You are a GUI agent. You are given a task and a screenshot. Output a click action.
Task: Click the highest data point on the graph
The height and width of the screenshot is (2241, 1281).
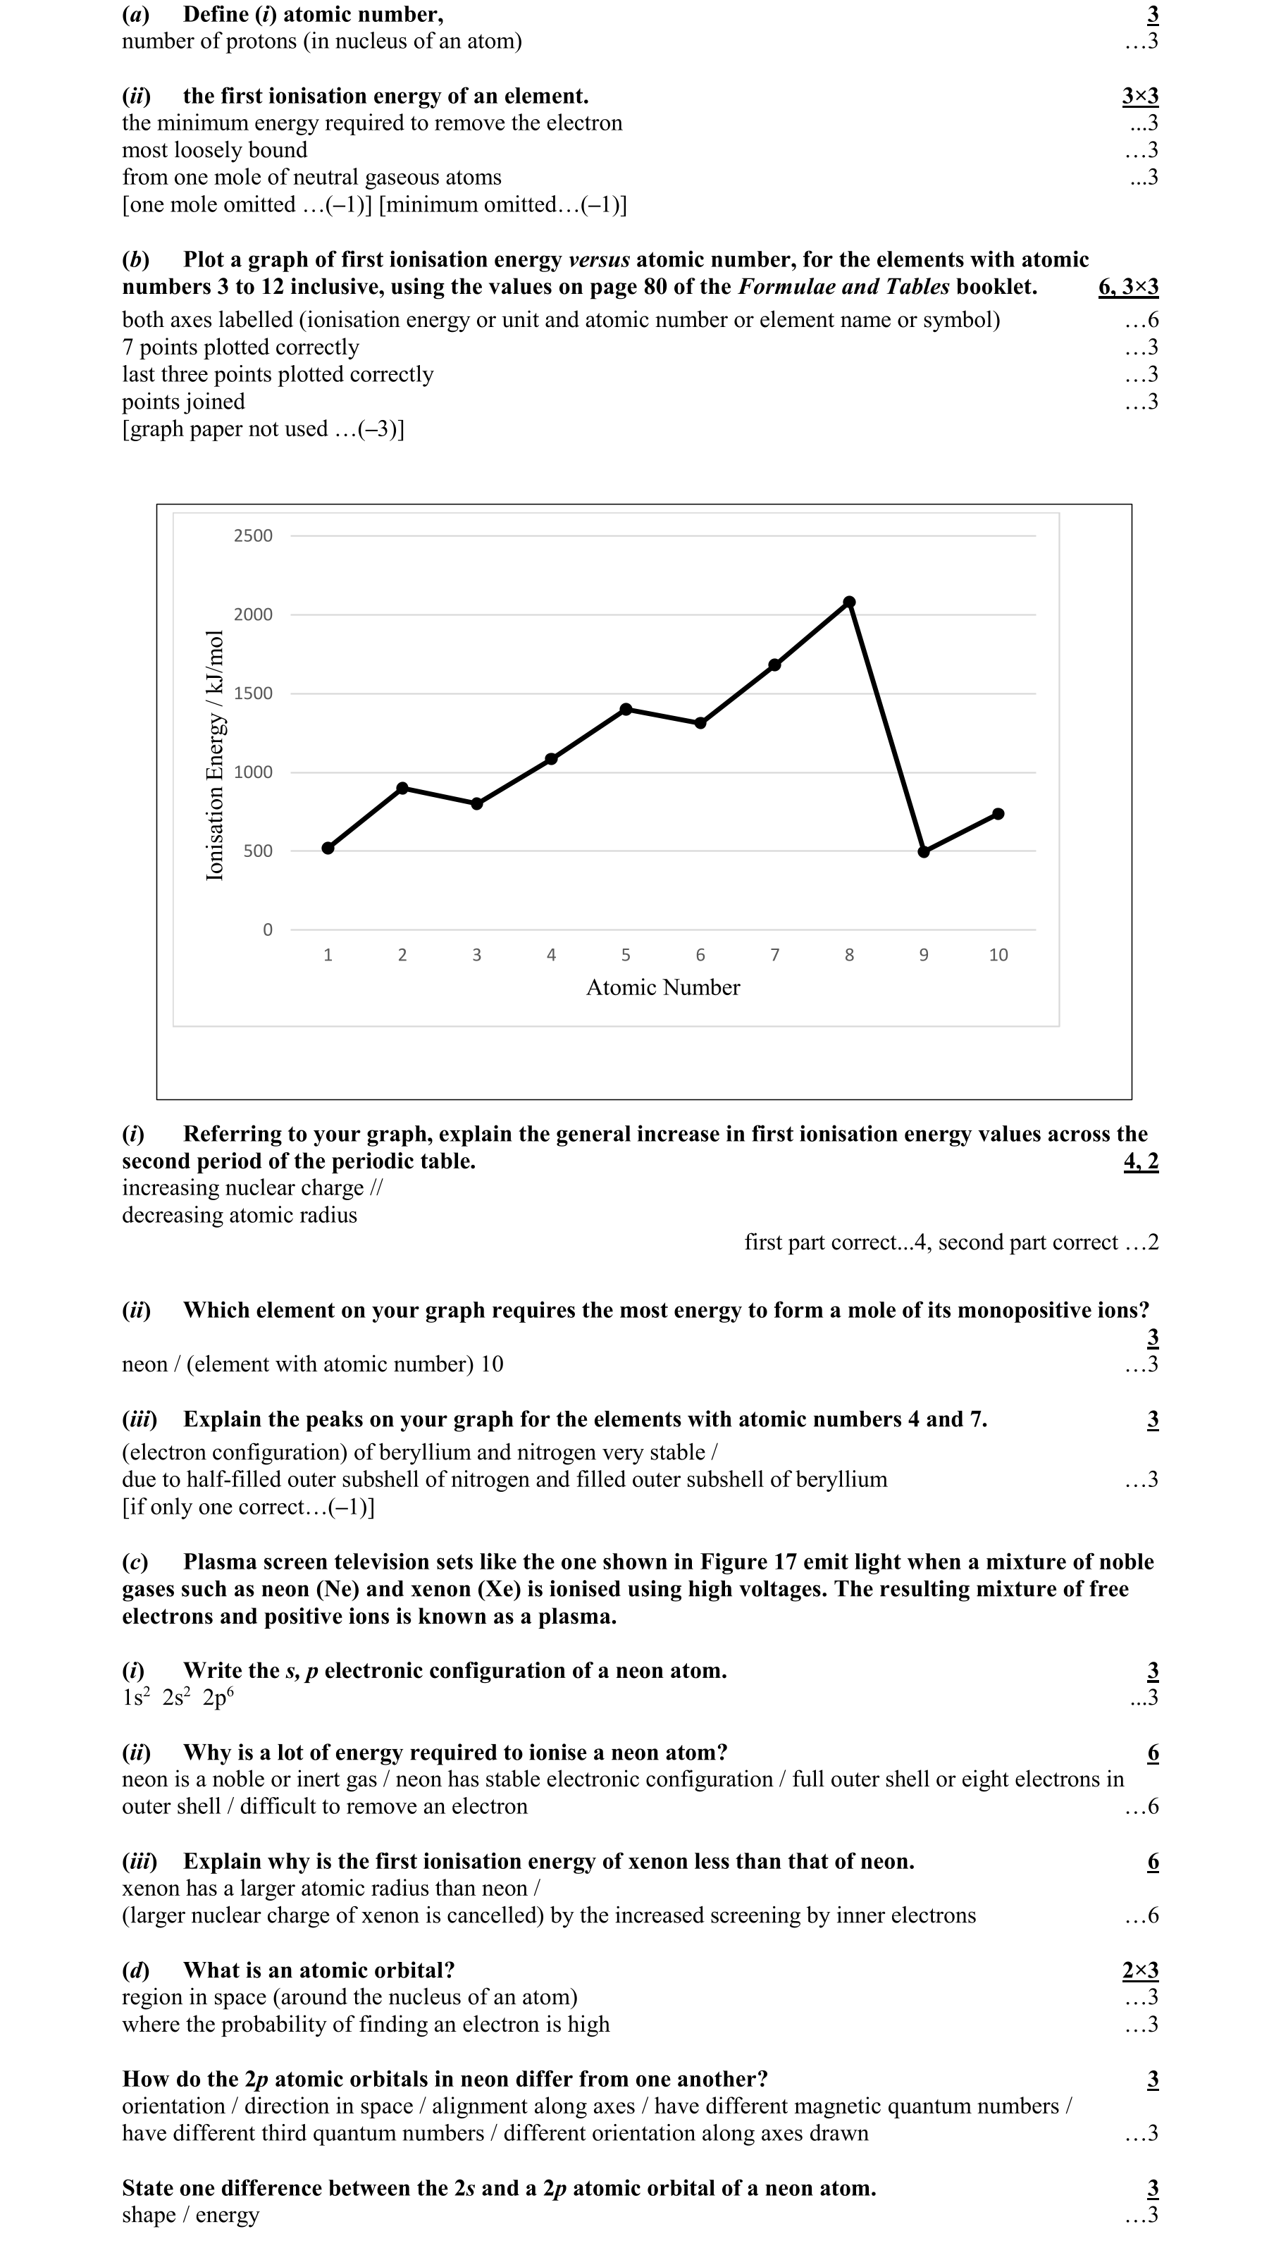point(849,602)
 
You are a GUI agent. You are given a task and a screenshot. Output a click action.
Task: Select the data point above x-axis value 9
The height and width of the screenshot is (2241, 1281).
point(924,852)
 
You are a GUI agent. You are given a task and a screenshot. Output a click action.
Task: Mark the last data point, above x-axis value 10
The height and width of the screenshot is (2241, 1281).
point(998,814)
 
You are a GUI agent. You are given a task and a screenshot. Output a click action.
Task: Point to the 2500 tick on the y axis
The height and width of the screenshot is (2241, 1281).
point(254,536)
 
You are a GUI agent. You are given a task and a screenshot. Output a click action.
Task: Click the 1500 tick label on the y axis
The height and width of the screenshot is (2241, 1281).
point(254,693)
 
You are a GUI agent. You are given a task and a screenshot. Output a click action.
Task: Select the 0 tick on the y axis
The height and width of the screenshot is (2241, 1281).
point(268,930)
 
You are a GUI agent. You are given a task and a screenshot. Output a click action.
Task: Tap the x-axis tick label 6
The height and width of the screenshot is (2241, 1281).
point(700,955)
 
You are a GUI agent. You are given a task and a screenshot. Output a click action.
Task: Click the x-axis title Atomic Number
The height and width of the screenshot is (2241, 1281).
point(662,987)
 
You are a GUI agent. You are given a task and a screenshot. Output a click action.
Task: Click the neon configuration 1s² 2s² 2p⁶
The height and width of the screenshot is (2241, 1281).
point(178,1697)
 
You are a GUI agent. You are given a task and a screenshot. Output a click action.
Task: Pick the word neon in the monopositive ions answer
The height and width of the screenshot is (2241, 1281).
point(145,1364)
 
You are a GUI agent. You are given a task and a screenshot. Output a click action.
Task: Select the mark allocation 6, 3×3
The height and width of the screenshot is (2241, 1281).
point(1128,287)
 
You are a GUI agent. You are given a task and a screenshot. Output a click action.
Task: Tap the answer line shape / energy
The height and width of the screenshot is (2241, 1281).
point(190,2215)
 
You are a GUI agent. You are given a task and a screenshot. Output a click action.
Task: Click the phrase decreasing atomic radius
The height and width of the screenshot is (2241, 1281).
point(240,1215)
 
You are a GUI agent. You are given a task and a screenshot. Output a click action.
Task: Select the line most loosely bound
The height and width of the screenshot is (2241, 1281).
point(215,150)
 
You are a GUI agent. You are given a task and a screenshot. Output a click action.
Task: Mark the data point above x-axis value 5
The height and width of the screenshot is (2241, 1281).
point(626,709)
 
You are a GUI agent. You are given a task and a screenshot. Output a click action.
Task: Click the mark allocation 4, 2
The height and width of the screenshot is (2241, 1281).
point(1141,1161)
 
